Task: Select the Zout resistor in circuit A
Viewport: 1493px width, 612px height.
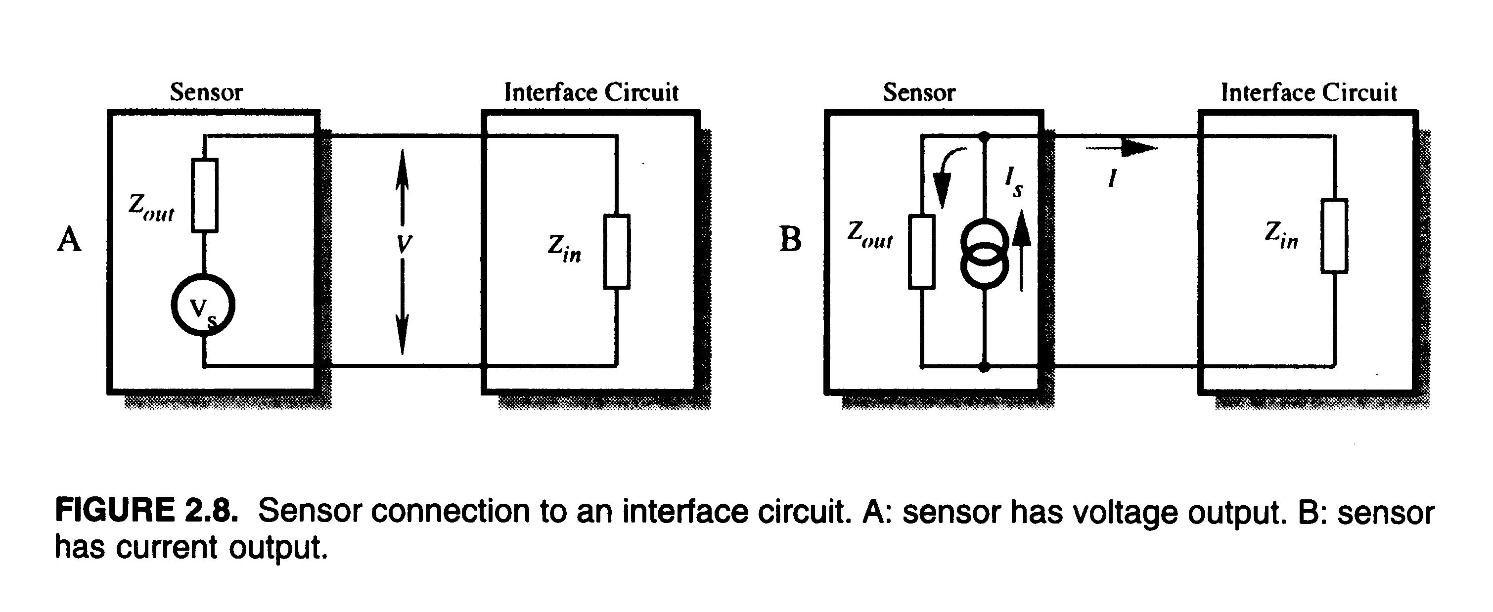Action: coord(205,195)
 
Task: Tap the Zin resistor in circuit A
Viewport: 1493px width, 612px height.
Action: coord(617,251)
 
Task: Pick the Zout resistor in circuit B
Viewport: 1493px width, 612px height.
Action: coord(921,251)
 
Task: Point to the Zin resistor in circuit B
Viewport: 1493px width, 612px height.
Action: coord(1334,235)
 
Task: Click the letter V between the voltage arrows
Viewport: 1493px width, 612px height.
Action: coord(404,245)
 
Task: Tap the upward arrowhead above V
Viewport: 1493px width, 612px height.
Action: coord(402,168)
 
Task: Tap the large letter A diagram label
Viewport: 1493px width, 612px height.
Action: coord(69,239)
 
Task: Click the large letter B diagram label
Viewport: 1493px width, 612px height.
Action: coord(791,239)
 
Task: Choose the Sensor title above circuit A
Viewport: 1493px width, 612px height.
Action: coord(206,92)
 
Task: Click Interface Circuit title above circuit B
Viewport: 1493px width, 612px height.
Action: coord(1309,92)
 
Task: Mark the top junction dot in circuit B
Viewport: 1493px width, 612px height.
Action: coord(984,137)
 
